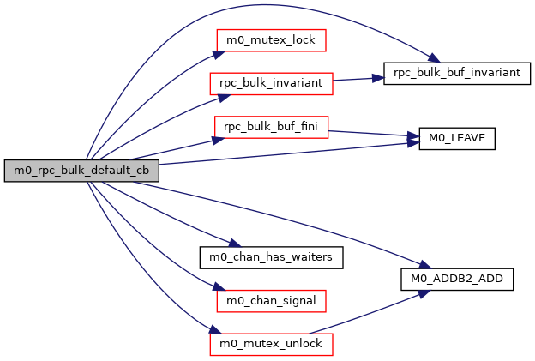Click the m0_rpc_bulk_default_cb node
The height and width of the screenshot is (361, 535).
click(x=81, y=170)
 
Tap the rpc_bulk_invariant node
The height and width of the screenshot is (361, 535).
click(x=271, y=84)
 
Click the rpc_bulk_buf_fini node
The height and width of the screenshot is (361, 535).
click(x=271, y=127)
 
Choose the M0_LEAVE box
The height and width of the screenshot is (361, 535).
click(x=458, y=138)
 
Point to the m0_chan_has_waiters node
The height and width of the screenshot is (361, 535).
click(x=271, y=256)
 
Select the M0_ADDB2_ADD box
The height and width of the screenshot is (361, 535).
click(x=457, y=280)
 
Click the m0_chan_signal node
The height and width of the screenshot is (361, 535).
click(x=271, y=300)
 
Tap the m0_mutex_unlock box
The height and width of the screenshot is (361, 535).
click(x=271, y=344)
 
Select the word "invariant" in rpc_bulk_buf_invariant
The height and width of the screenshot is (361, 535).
click(x=488, y=73)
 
